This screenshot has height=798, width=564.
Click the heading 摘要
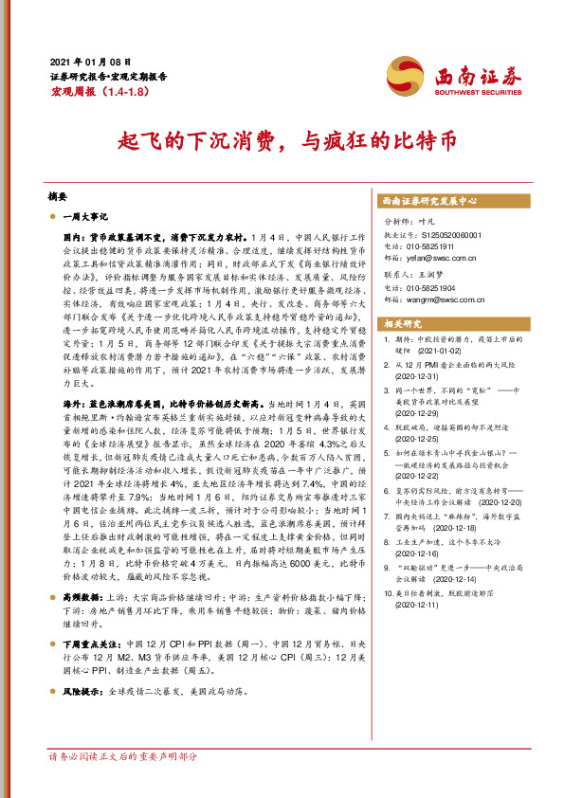59,197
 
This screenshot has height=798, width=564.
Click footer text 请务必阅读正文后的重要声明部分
123,757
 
